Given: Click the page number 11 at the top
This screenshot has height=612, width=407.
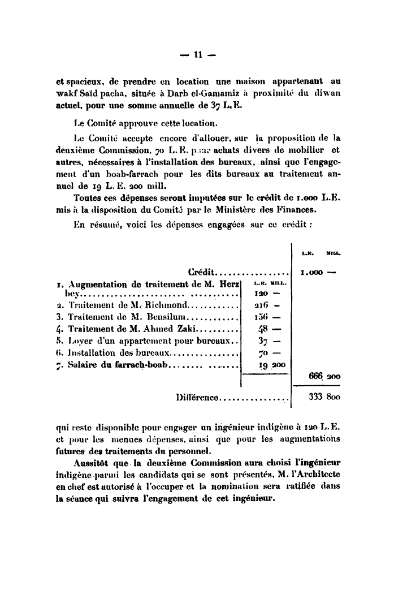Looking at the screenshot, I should pos(198,55).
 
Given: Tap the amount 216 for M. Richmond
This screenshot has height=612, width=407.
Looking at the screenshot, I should pos(262,306).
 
